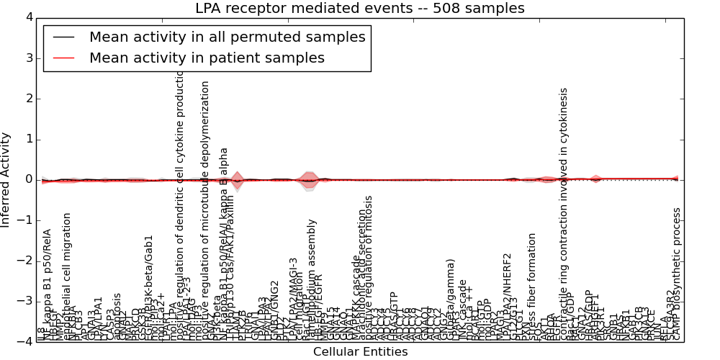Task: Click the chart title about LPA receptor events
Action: [360, 9]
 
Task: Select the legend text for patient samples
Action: [207, 58]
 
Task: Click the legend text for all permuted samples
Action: [227, 37]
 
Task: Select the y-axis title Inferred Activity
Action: [6, 180]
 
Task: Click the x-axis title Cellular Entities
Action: [360, 352]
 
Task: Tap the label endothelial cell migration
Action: [68, 276]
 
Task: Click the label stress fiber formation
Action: [532, 286]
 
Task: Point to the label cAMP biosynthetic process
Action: [677, 273]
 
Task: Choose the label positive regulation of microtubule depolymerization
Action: [205, 210]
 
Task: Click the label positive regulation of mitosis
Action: [369, 267]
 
